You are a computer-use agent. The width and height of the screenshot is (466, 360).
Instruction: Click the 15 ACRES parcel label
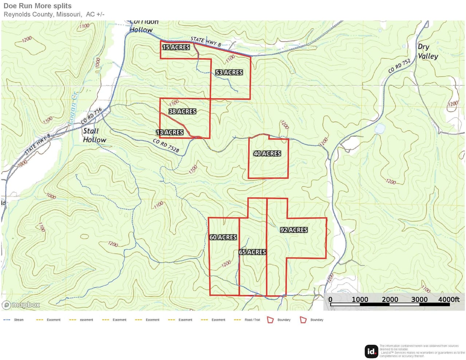coord(176,47)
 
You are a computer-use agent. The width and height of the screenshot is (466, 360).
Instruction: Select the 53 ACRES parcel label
coord(229,72)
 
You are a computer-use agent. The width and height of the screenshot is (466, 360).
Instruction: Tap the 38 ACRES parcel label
coord(182,111)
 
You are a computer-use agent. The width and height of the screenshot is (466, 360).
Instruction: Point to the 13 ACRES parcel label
coord(170,132)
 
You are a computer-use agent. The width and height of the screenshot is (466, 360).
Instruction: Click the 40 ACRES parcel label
coord(267,154)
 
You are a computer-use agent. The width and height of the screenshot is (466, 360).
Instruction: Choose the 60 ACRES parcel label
coord(223,237)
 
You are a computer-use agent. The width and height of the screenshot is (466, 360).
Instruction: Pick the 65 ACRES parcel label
coord(252,252)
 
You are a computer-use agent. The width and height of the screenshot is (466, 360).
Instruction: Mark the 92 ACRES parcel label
coord(294,230)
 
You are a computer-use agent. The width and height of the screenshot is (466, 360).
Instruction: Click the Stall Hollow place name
coord(94,135)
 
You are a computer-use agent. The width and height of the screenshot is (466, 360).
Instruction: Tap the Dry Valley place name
coord(427,51)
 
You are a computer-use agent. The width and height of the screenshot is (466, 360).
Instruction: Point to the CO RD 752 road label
coord(399,66)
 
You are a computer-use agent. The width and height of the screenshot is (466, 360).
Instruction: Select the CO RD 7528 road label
coord(166,145)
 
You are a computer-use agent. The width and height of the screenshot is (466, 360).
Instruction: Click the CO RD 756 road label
coord(91,116)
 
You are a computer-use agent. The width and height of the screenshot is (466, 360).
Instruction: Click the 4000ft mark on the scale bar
coord(449,300)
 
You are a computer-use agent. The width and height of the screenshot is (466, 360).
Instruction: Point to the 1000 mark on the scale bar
coord(360,300)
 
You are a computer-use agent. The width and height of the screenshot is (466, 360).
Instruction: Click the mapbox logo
coord(21,305)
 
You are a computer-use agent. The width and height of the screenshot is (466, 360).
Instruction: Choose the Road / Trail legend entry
coord(252,320)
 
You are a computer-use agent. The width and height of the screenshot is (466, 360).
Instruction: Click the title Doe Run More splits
coord(37,6)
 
